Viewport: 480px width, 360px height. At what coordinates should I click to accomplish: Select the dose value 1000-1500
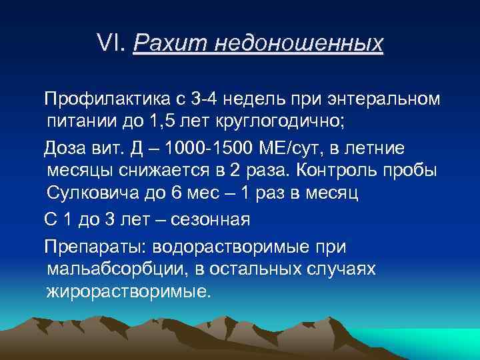click(x=205, y=147)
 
